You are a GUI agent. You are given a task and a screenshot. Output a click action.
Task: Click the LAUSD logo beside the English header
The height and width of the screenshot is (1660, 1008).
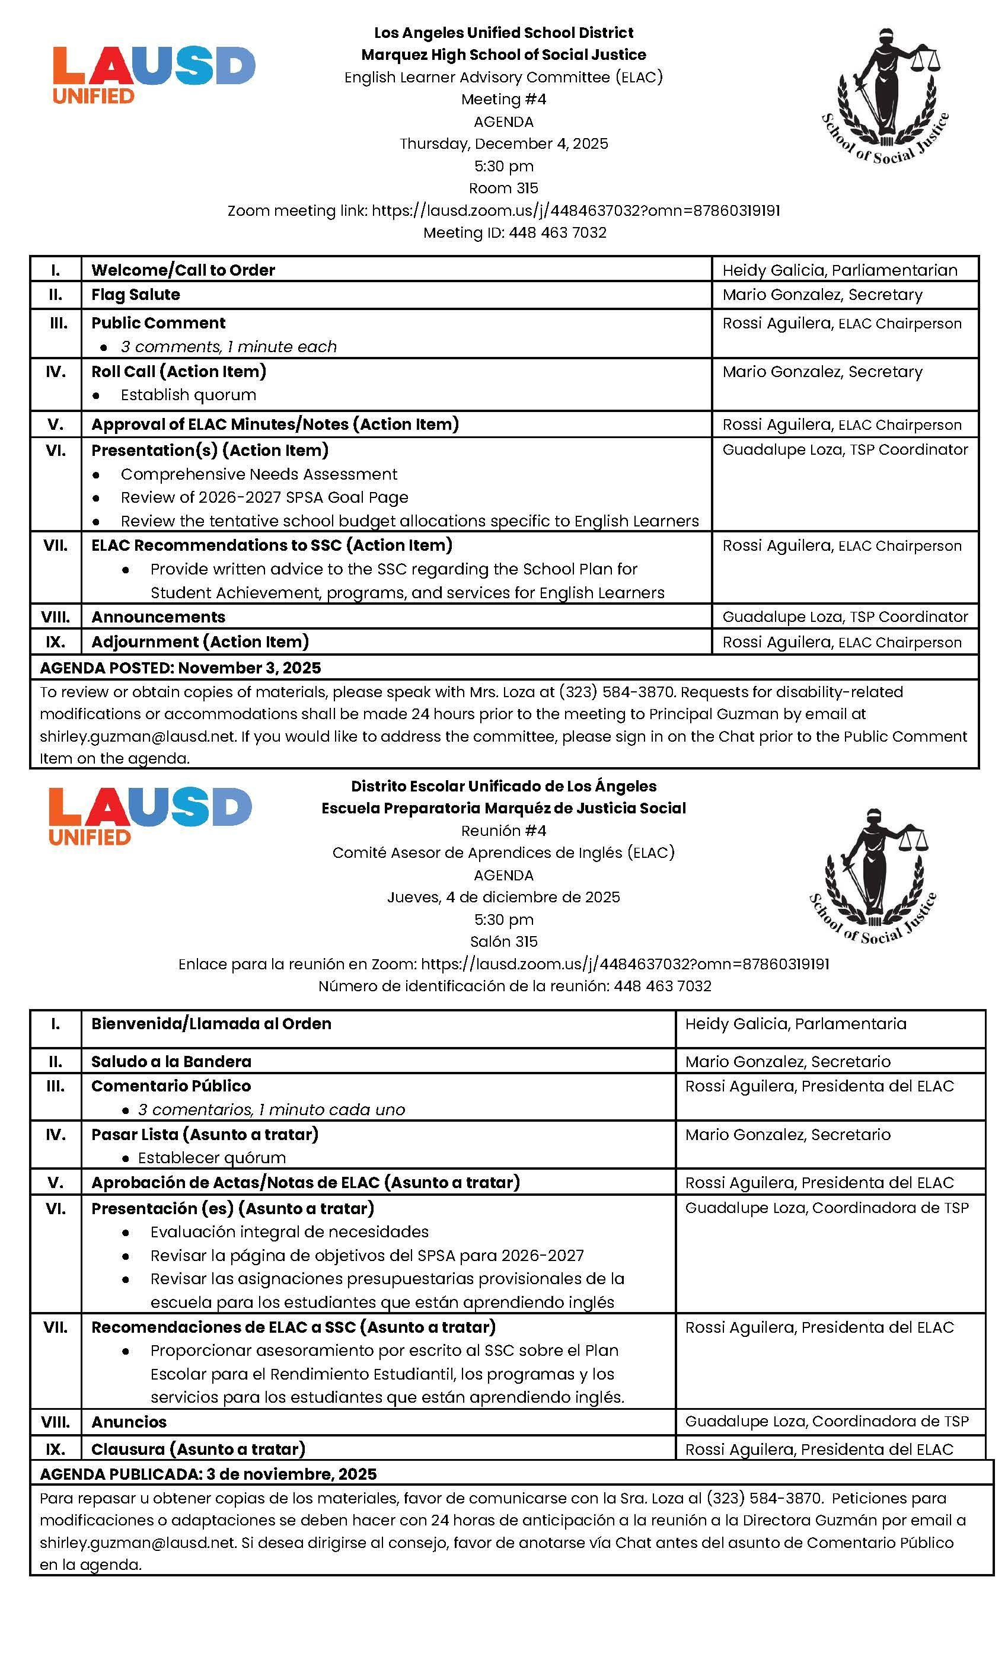pyautogui.click(x=154, y=74)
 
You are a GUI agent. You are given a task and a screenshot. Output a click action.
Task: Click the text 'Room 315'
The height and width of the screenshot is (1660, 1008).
pyautogui.click(x=503, y=188)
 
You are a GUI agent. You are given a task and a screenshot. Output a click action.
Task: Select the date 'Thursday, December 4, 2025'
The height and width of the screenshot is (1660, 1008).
pyautogui.click(x=503, y=143)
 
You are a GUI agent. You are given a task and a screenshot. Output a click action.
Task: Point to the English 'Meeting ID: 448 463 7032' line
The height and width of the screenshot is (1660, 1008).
pyautogui.click(x=515, y=232)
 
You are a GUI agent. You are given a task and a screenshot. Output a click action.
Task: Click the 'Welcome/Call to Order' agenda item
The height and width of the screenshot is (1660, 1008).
pyautogui.click(x=183, y=270)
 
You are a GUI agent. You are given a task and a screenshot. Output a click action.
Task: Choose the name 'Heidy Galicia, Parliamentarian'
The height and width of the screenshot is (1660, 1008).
pyautogui.click(x=840, y=270)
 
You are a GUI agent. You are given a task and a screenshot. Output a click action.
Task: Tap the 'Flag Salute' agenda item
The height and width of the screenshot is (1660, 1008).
pyautogui.click(x=135, y=295)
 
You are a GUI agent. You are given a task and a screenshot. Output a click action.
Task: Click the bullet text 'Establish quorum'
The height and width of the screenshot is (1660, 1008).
pyautogui.click(x=188, y=395)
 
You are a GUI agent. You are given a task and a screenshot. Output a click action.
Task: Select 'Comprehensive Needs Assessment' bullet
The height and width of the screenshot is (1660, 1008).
pyautogui.click(x=259, y=474)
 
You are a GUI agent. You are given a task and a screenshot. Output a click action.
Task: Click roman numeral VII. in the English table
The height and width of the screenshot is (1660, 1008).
pyautogui.click(x=55, y=545)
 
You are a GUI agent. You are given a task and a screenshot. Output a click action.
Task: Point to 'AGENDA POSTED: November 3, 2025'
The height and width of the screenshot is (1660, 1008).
pyautogui.click(x=181, y=668)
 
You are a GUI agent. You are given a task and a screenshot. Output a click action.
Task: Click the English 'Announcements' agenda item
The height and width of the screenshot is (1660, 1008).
pyautogui.click(x=158, y=617)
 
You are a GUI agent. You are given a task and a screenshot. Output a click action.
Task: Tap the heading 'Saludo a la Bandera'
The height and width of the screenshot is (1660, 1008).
pyautogui.click(x=171, y=1061)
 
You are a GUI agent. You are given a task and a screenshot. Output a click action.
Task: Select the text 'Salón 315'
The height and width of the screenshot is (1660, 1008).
pyautogui.click(x=503, y=941)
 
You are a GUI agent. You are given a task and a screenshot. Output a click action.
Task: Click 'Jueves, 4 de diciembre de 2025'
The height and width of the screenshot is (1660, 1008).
pyautogui.click(x=503, y=896)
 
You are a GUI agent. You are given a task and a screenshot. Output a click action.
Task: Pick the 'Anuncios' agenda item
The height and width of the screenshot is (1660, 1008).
pyautogui.click(x=129, y=1422)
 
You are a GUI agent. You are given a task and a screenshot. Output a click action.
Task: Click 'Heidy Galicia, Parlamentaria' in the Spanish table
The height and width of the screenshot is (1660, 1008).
pyautogui.click(x=796, y=1023)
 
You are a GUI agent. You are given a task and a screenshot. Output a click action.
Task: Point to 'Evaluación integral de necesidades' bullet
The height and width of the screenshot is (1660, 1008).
pyautogui.click(x=289, y=1231)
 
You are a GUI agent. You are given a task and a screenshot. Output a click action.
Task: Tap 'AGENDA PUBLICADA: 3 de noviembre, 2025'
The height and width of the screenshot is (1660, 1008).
pyautogui.click(x=208, y=1474)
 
